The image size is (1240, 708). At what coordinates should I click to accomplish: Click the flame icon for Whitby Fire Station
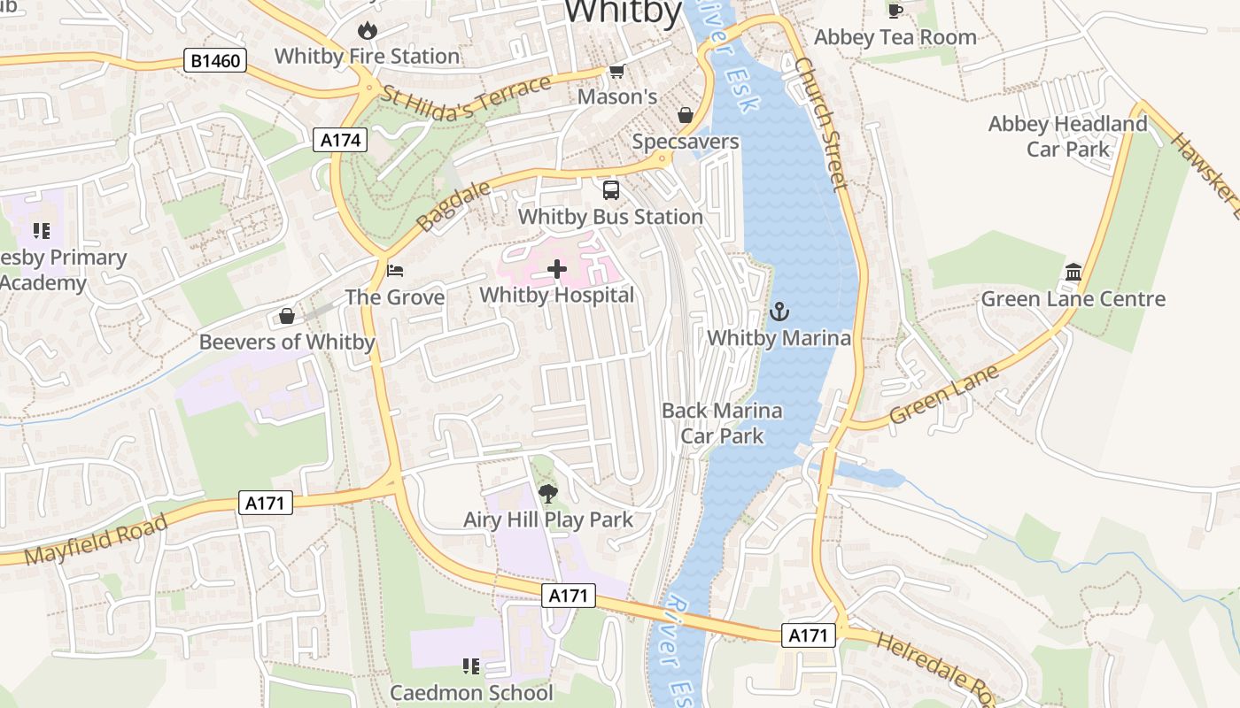click(x=367, y=31)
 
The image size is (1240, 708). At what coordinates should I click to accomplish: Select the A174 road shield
click(x=339, y=140)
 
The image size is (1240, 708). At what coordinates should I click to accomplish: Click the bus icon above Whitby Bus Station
click(x=611, y=190)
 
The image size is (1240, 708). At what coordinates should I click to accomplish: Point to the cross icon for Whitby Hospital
click(x=557, y=269)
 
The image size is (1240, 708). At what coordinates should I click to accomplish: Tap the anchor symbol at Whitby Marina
click(x=779, y=312)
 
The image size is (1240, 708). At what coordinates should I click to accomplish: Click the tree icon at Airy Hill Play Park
click(x=548, y=494)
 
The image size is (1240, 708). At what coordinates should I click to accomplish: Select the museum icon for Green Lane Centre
click(x=1073, y=273)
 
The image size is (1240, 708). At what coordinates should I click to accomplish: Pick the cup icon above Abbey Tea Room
click(x=895, y=11)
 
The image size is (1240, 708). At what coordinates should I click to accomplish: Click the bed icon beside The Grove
click(x=395, y=270)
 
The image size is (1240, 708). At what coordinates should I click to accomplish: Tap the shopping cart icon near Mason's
click(x=616, y=71)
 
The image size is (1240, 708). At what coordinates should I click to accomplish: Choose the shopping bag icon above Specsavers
click(x=686, y=115)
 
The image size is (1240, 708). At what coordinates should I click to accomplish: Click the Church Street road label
click(x=820, y=124)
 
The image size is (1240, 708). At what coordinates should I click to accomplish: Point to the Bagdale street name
click(x=453, y=206)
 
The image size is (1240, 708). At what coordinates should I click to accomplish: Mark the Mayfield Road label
click(x=96, y=540)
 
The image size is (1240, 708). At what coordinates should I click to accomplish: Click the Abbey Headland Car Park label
click(x=1067, y=136)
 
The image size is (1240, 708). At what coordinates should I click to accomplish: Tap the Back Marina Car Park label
click(x=722, y=423)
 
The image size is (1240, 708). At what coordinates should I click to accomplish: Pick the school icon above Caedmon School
click(x=471, y=666)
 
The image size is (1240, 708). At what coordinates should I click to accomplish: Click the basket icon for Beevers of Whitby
click(x=287, y=316)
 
